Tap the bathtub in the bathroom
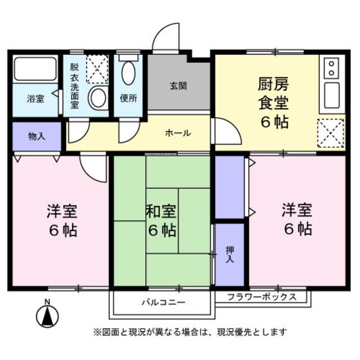[x=35, y=69]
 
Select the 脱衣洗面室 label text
[x=75, y=85]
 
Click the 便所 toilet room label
[x=129, y=98]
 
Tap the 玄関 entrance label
[x=178, y=86]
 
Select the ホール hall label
[x=178, y=133]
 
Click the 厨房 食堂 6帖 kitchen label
[x=273, y=103]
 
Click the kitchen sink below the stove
[x=331, y=96]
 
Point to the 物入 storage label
[x=37, y=136]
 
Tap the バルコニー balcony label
[x=163, y=303]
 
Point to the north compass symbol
[x=48, y=316]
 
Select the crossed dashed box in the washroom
[x=97, y=69]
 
